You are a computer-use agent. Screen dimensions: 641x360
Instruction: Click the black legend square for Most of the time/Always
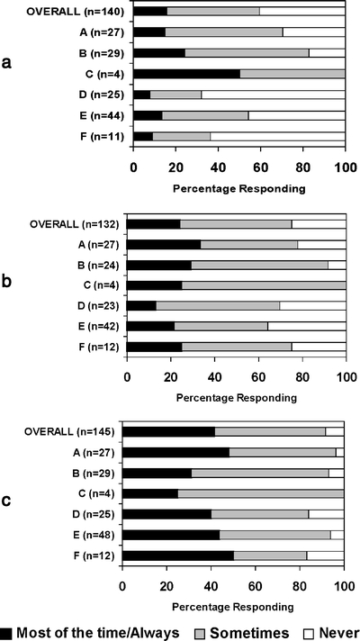click(8, 632)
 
